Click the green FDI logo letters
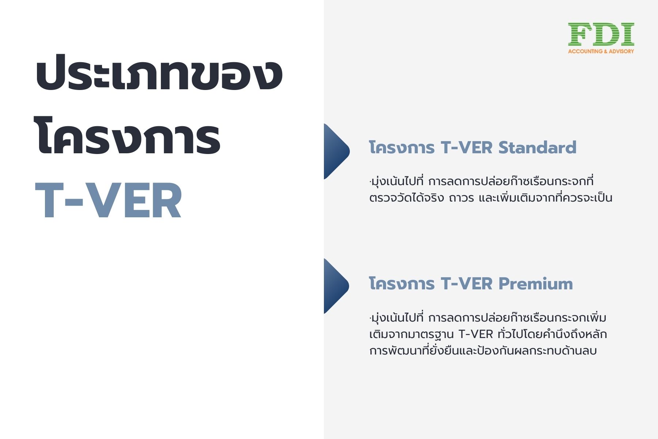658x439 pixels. (601, 35)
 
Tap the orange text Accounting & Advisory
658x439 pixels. (601, 51)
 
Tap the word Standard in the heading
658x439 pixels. (537, 147)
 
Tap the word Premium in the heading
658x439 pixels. (536, 284)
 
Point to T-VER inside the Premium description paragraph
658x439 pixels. (476, 334)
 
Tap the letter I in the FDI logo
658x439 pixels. (627, 35)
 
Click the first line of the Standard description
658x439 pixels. (481, 181)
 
